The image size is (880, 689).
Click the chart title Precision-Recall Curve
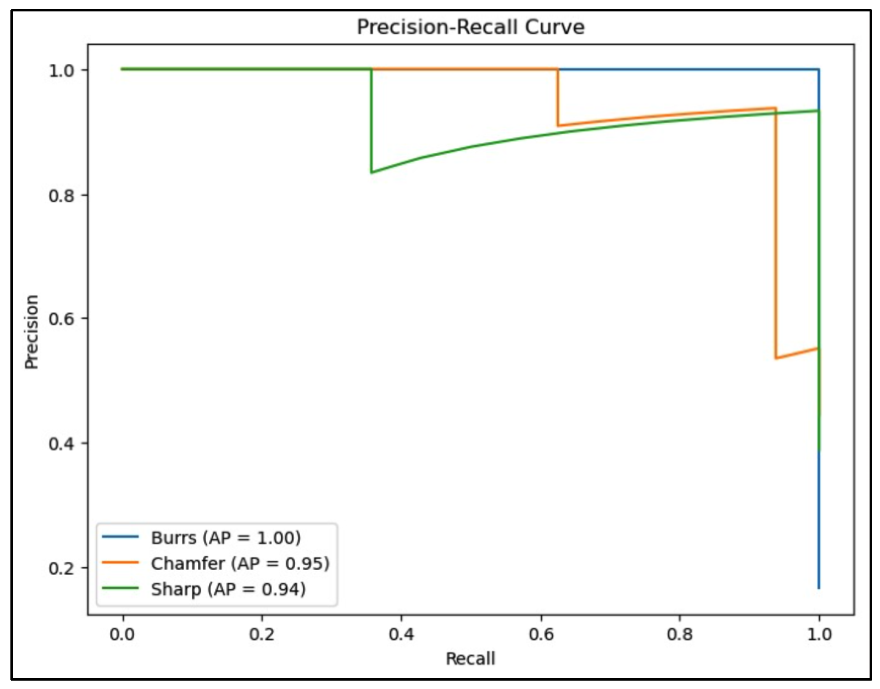(x=470, y=27)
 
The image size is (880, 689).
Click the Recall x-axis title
(x=470, y=659)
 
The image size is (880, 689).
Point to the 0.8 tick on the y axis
(x=62, y=195)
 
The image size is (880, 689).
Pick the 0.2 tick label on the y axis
(x=62, y=568)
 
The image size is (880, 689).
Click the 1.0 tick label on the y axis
(x=62, y=71)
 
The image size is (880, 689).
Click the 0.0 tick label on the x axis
(x=122, y=634)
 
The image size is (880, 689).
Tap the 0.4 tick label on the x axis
(x=401, y=634)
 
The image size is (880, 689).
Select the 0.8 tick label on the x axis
(x=680, y=634)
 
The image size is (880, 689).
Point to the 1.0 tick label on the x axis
(x=819, y=634)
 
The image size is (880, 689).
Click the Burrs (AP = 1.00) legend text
(x=226, y=537)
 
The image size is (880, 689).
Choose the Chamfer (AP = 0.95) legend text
(x=241, y=563)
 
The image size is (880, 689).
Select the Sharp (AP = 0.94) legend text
(x=229, y=589)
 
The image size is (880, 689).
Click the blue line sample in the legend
(x=120, y=536)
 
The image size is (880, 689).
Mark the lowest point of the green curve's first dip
(x=371, y=173)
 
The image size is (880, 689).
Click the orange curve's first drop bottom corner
(x=558, y=126)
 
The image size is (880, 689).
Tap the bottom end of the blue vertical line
(x=819, y=589)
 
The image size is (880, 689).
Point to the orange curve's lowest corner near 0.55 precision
(x=776, y=358)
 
